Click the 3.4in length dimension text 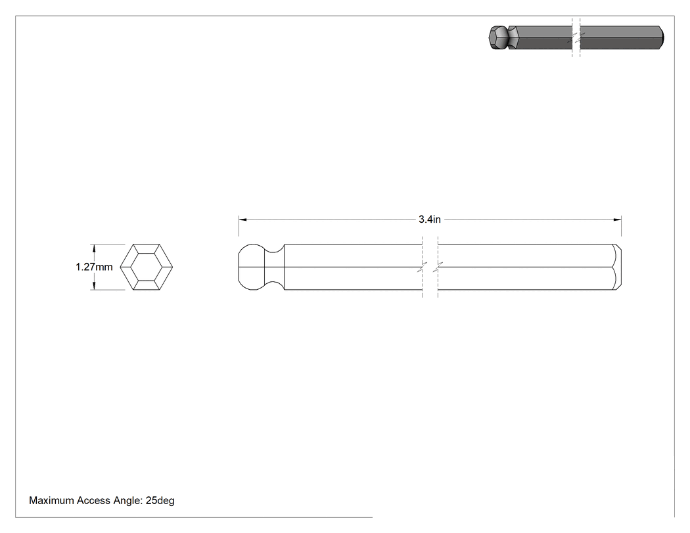tap(430, 220)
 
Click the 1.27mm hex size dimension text tap(94, 267)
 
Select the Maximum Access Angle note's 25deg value tap(160, 500)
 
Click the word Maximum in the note tap(51, 500)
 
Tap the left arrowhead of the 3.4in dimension tap(242, 220)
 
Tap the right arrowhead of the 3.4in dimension tap(618, 220)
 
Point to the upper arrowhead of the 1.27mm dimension tap(94, 248)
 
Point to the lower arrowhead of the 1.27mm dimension tap(94, 286)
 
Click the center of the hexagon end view tap(147, 267)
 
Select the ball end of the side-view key tap(251, 267)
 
